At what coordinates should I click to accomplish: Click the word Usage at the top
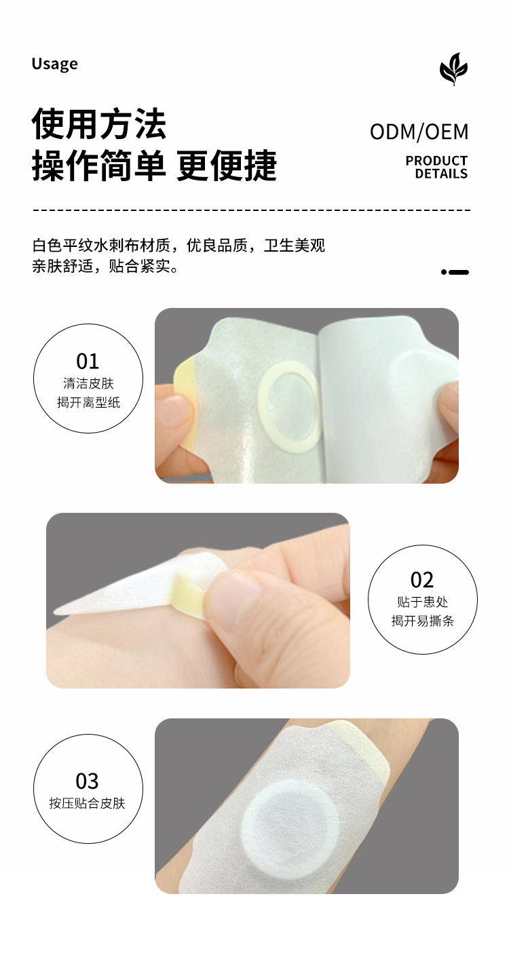(x=54, y=64)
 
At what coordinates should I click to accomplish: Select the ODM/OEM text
(x=419, y=132)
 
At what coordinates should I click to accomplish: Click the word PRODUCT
(x=436, y=161)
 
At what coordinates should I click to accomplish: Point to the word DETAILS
(x=441, y=174)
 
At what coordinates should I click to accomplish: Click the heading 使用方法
(x=98, y=124)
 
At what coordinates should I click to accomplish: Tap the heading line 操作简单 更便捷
(x=154, y=166)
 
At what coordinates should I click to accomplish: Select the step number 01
(x=88, y=361)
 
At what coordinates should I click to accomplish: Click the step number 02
(x=422, y=580)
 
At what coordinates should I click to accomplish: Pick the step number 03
(x=88, y=781)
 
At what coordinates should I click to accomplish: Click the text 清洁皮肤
(x=88, y=383)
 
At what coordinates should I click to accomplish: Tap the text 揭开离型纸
(x=88, y=403)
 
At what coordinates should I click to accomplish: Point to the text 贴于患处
(x=423, y=602)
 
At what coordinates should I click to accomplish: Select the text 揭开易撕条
(x=423, y=621)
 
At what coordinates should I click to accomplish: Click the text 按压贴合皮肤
(x=87, y=803)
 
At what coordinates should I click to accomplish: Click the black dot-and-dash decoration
(x=455, y=272)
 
